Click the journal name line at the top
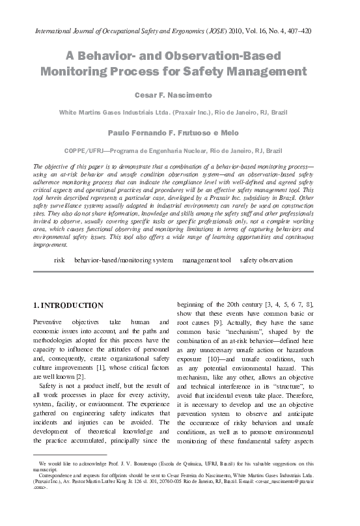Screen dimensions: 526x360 point(180,30)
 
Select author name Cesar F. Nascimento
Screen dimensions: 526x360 point(179,95)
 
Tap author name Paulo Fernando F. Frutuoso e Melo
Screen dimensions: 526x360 point(179,131)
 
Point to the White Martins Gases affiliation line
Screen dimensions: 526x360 point(179,112)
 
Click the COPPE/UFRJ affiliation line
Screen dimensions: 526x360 point(179,149)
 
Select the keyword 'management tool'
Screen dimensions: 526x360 point(206,260)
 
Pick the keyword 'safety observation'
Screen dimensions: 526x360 point(266,260)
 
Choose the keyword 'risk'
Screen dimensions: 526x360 point(59,260)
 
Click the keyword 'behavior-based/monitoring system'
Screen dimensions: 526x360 point(123,260)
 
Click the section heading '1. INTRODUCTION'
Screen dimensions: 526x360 point(68,305)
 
